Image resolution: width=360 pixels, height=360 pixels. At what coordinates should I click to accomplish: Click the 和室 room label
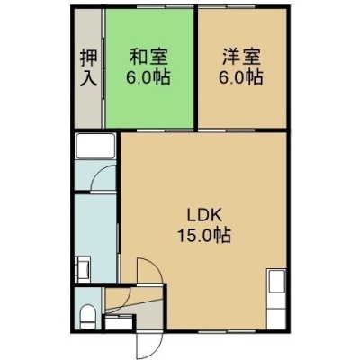click(x=148, y=57)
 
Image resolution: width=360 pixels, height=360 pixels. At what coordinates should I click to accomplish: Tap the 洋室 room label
click(x=241, y=57)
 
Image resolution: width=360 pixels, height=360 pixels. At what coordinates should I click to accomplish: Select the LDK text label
click(x=204, y=215)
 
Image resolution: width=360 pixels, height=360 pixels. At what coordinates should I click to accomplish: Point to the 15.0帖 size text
click(x=204, y=235)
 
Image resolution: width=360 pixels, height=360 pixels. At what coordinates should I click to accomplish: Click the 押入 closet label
click(x=89, y=68)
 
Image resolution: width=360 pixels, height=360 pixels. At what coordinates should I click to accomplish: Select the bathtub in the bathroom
click(x=95, y=146)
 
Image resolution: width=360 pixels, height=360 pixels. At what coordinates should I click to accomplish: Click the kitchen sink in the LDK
click(x=277, y=281)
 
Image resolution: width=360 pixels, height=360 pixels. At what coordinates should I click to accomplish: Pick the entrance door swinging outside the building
click(x=149, y=344)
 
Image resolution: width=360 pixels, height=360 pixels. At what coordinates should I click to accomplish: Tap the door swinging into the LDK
click(x=149, y=270)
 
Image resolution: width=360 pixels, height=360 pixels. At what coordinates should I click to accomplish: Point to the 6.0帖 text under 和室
click(x=148, y=77)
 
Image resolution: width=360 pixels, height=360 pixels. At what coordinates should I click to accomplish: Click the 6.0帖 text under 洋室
click(x=241, y=77)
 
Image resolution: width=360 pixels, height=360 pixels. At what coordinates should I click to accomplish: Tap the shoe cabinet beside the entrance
click(x=119, y=322)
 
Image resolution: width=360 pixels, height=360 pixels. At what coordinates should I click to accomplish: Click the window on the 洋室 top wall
click(x=227, y=6)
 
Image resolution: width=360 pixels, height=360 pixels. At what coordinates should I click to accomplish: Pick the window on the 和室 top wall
click(x=166, y=6)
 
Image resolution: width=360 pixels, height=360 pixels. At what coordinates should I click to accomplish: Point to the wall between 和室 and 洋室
click(x=195, y=68)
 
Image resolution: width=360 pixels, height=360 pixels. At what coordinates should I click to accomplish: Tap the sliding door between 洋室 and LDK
click(x=227, y=130)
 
